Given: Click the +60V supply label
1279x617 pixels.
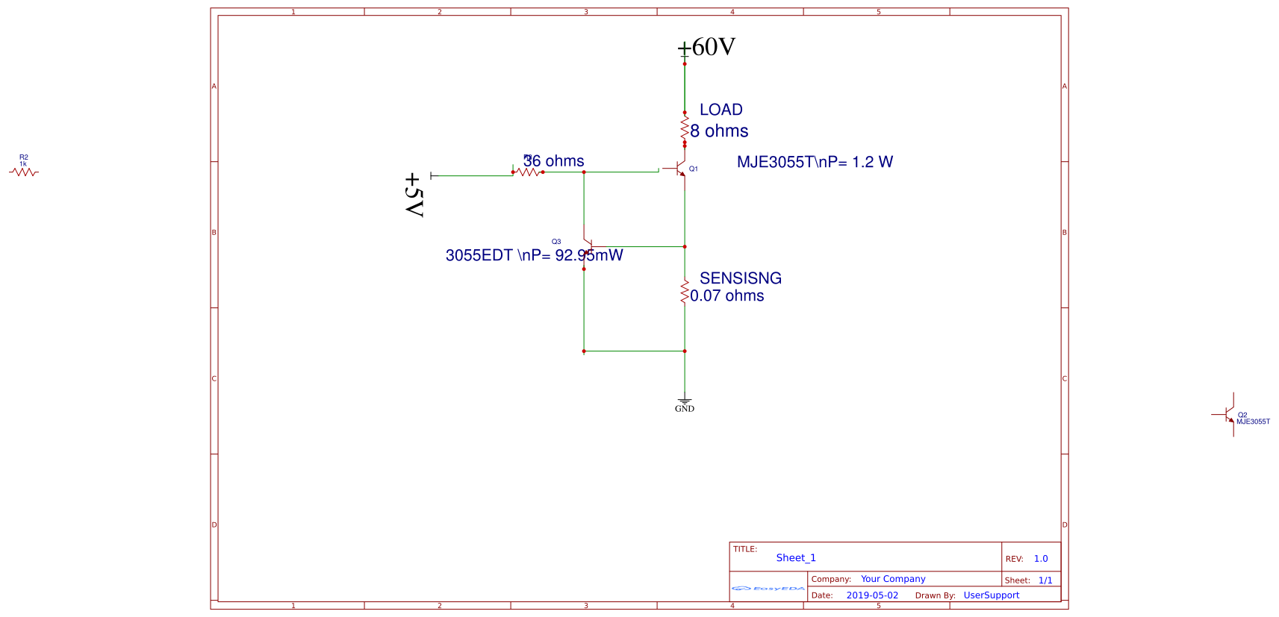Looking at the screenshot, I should [706, 47].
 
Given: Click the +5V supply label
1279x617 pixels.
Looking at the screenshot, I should [414, 195].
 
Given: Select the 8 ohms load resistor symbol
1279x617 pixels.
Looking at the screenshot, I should [684, 128].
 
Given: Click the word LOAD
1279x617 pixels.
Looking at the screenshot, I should [721, 110].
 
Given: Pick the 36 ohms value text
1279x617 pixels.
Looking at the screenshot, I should [554, 161].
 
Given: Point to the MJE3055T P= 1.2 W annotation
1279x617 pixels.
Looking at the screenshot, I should [815, 162].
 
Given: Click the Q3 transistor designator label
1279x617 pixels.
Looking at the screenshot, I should [556, 242].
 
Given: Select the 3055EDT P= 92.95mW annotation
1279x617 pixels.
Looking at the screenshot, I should [534, 255].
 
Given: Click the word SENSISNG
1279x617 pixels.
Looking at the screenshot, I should [740, 278].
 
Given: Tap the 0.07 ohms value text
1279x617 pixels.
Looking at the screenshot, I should [726, 295].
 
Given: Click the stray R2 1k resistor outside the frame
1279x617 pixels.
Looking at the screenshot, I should [24, 172].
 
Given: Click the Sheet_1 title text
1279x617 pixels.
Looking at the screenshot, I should [796, 558].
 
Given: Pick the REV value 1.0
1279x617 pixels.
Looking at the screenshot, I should [1041, 559].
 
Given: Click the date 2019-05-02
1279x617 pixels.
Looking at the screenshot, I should [872, 595].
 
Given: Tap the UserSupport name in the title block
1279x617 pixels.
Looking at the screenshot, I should [991, 595].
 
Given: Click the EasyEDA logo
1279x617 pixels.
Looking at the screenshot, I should [768, 589].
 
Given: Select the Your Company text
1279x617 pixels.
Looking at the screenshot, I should [892, 579].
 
